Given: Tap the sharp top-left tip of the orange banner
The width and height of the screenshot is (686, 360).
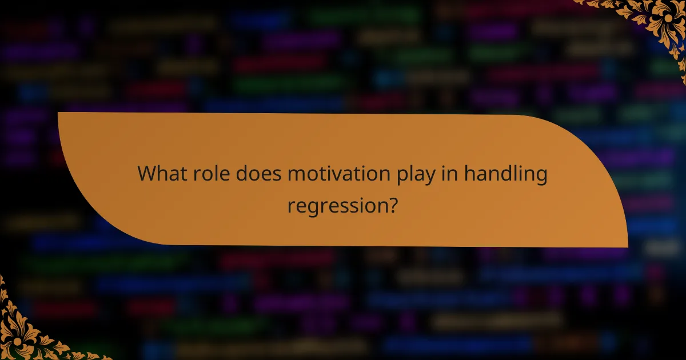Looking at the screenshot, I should point(59,113).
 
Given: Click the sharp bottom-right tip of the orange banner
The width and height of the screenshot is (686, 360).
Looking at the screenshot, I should point(627,247).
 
